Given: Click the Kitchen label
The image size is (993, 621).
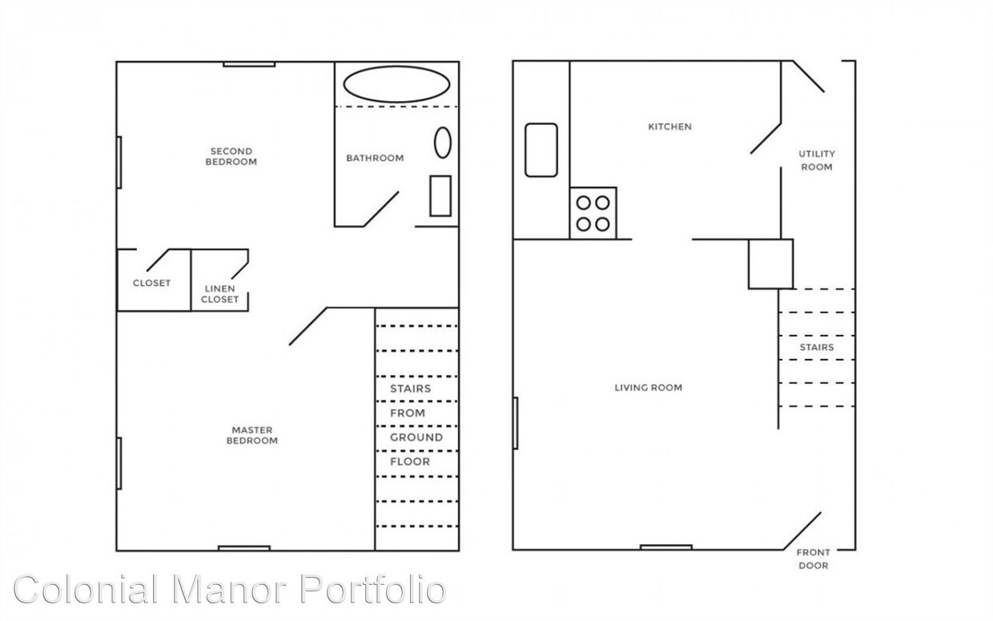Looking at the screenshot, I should click(669, 127).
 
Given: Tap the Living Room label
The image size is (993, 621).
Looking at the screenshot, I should click(648, 388).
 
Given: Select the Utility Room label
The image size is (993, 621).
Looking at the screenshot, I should click(816, 160).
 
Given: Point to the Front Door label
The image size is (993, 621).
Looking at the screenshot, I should click(812, 558).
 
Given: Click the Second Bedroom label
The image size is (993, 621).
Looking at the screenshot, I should click(231, 156).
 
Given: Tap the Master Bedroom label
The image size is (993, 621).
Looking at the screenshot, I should click(251, 435).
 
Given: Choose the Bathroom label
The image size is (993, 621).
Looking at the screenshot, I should click(374, 158).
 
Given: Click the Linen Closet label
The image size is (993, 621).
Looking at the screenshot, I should click(219, 294).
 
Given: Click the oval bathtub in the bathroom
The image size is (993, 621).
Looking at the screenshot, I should click(396, 84).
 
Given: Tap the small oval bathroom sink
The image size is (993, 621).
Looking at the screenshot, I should click(442, 143).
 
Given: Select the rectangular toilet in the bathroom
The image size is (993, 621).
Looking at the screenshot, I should click(440, 196).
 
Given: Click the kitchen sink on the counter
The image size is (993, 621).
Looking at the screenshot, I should click(541, 149).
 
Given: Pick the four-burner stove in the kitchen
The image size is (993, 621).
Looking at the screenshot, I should click(593, 213).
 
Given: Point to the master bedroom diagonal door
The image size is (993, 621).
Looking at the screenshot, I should click(308, 326).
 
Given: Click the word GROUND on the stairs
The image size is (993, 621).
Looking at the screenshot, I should click(416, 438).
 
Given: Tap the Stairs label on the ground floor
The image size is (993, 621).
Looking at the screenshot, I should click(816, 348).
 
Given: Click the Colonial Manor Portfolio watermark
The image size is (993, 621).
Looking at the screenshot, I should click(229, 591).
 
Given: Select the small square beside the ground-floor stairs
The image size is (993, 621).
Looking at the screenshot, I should click(770, 264).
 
